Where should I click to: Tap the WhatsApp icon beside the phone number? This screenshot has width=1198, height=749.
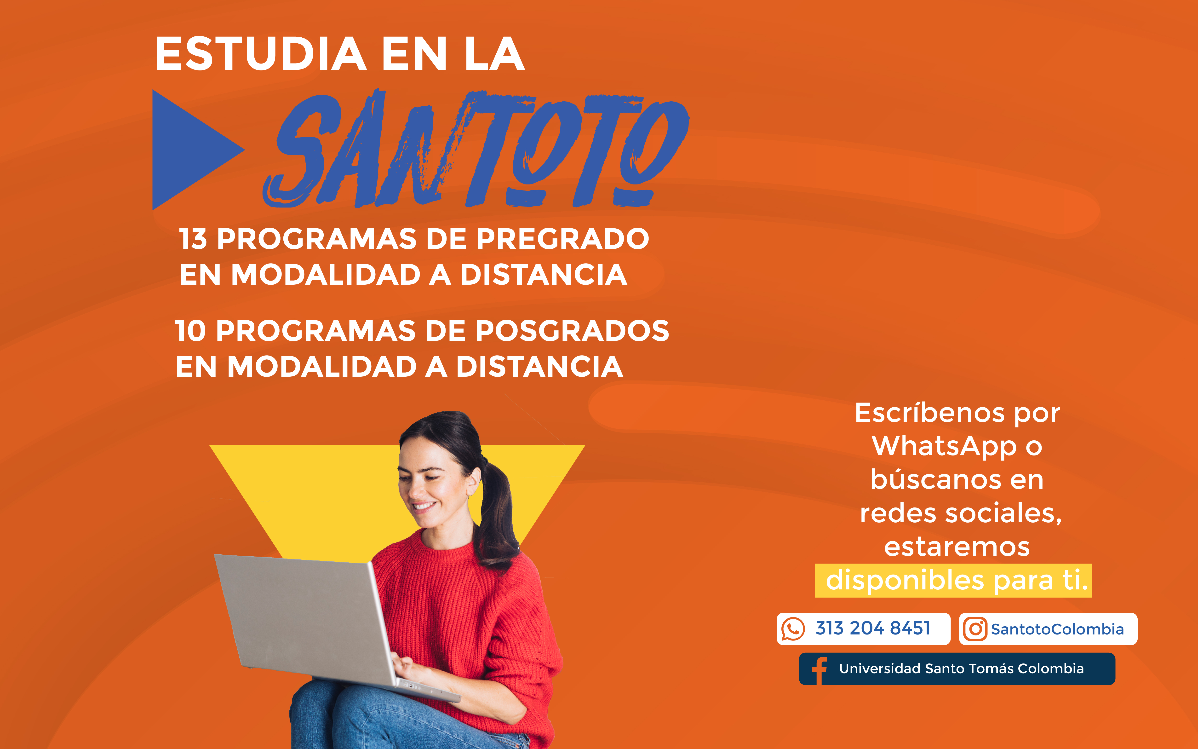pos(793,629)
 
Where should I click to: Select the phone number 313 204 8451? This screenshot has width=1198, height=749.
pos(873,628)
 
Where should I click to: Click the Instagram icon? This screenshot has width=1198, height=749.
pos(975,629)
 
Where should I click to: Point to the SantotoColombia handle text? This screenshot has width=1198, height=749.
pos(1057,629)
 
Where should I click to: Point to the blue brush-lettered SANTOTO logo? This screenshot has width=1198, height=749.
pos(476,149)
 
